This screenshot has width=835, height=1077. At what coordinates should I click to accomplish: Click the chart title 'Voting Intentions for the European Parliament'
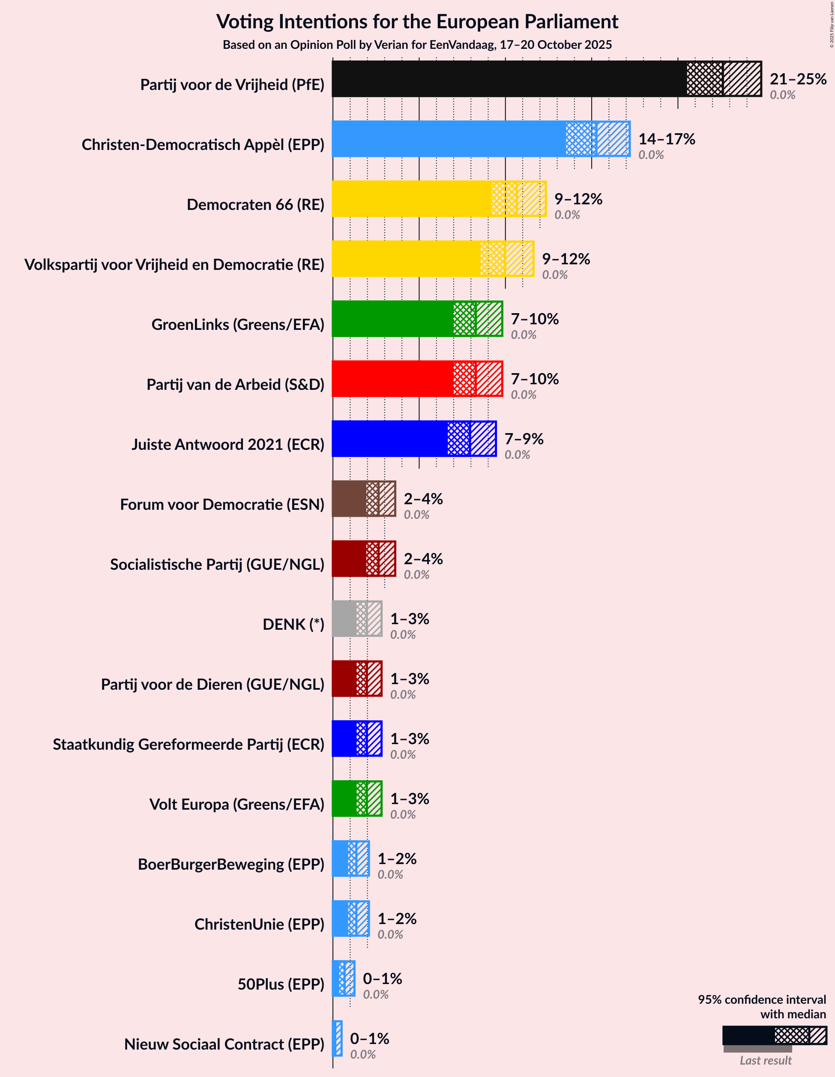click(x=417, y=22)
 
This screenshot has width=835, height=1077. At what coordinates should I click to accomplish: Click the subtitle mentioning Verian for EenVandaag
click(x=417, y=45)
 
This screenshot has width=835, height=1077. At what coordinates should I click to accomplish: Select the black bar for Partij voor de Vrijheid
click(x=508, y=79)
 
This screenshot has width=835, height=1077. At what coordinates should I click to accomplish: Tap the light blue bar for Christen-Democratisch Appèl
click(x=449, y=139)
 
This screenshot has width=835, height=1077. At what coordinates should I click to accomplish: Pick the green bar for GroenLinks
click(x=392, y=319)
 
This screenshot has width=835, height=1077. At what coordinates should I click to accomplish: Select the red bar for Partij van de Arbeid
click(x=392, y=379)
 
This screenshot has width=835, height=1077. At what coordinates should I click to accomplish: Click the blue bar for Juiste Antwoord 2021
click(x=389, y=439)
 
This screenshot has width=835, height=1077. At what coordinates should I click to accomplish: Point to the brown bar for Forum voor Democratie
click(x=349, y=499)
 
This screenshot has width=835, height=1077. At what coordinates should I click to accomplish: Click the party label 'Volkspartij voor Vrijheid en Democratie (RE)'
click(x=175, y=265)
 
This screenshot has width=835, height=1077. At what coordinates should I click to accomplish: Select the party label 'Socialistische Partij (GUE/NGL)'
click(x=217, y=565)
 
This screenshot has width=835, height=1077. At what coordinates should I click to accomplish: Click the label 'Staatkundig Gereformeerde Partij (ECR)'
click(x=189, y=744)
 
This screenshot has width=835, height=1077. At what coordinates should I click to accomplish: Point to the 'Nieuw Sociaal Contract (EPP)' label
click(x=224, y=1044)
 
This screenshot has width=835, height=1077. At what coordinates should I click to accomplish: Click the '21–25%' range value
click(x=798, y=79)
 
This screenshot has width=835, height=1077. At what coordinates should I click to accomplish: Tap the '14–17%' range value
click(x=666, y=139)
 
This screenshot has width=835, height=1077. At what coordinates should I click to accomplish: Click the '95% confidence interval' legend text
click(x=761, y=999)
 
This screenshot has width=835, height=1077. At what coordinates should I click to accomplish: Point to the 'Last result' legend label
click(x=765, y=1060)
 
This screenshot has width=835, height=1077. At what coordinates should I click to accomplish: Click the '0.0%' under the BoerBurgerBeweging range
click(x=390, y=874)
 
